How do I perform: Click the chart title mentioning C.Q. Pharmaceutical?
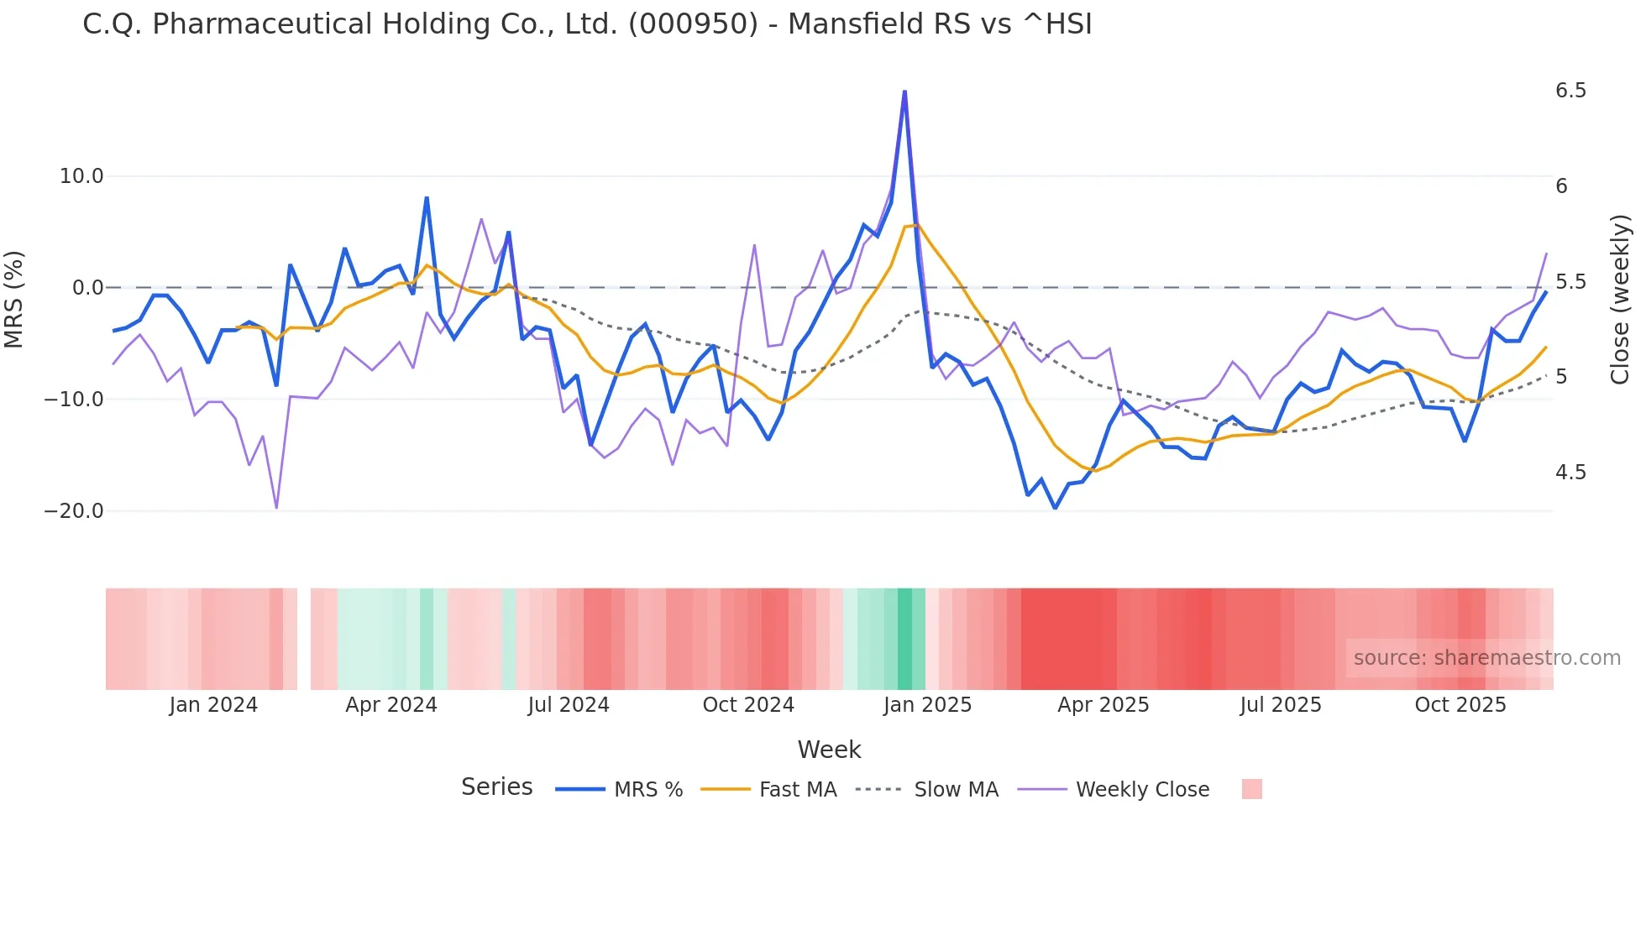click(587, 24)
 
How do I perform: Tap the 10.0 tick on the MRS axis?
click(81, 176)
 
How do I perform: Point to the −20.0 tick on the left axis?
click(74, 510)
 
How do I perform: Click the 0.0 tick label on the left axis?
click(87, 288)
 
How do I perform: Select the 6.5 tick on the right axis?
click(1570, 91)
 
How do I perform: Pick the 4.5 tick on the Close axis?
click(1570, 473)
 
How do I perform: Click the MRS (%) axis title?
click(14, 299)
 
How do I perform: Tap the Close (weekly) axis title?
click(1620, 299)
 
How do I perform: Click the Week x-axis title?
click(829, 750)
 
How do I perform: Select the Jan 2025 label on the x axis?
click(927, 705)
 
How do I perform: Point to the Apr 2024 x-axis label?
click(391, 705)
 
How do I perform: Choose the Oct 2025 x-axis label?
click(1460, 705)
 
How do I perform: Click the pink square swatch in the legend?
click(1251, 789)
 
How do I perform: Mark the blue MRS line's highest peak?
click(904, 91)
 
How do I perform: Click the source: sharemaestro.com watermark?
click(1486, 658)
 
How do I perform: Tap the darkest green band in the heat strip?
click(904, 639)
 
